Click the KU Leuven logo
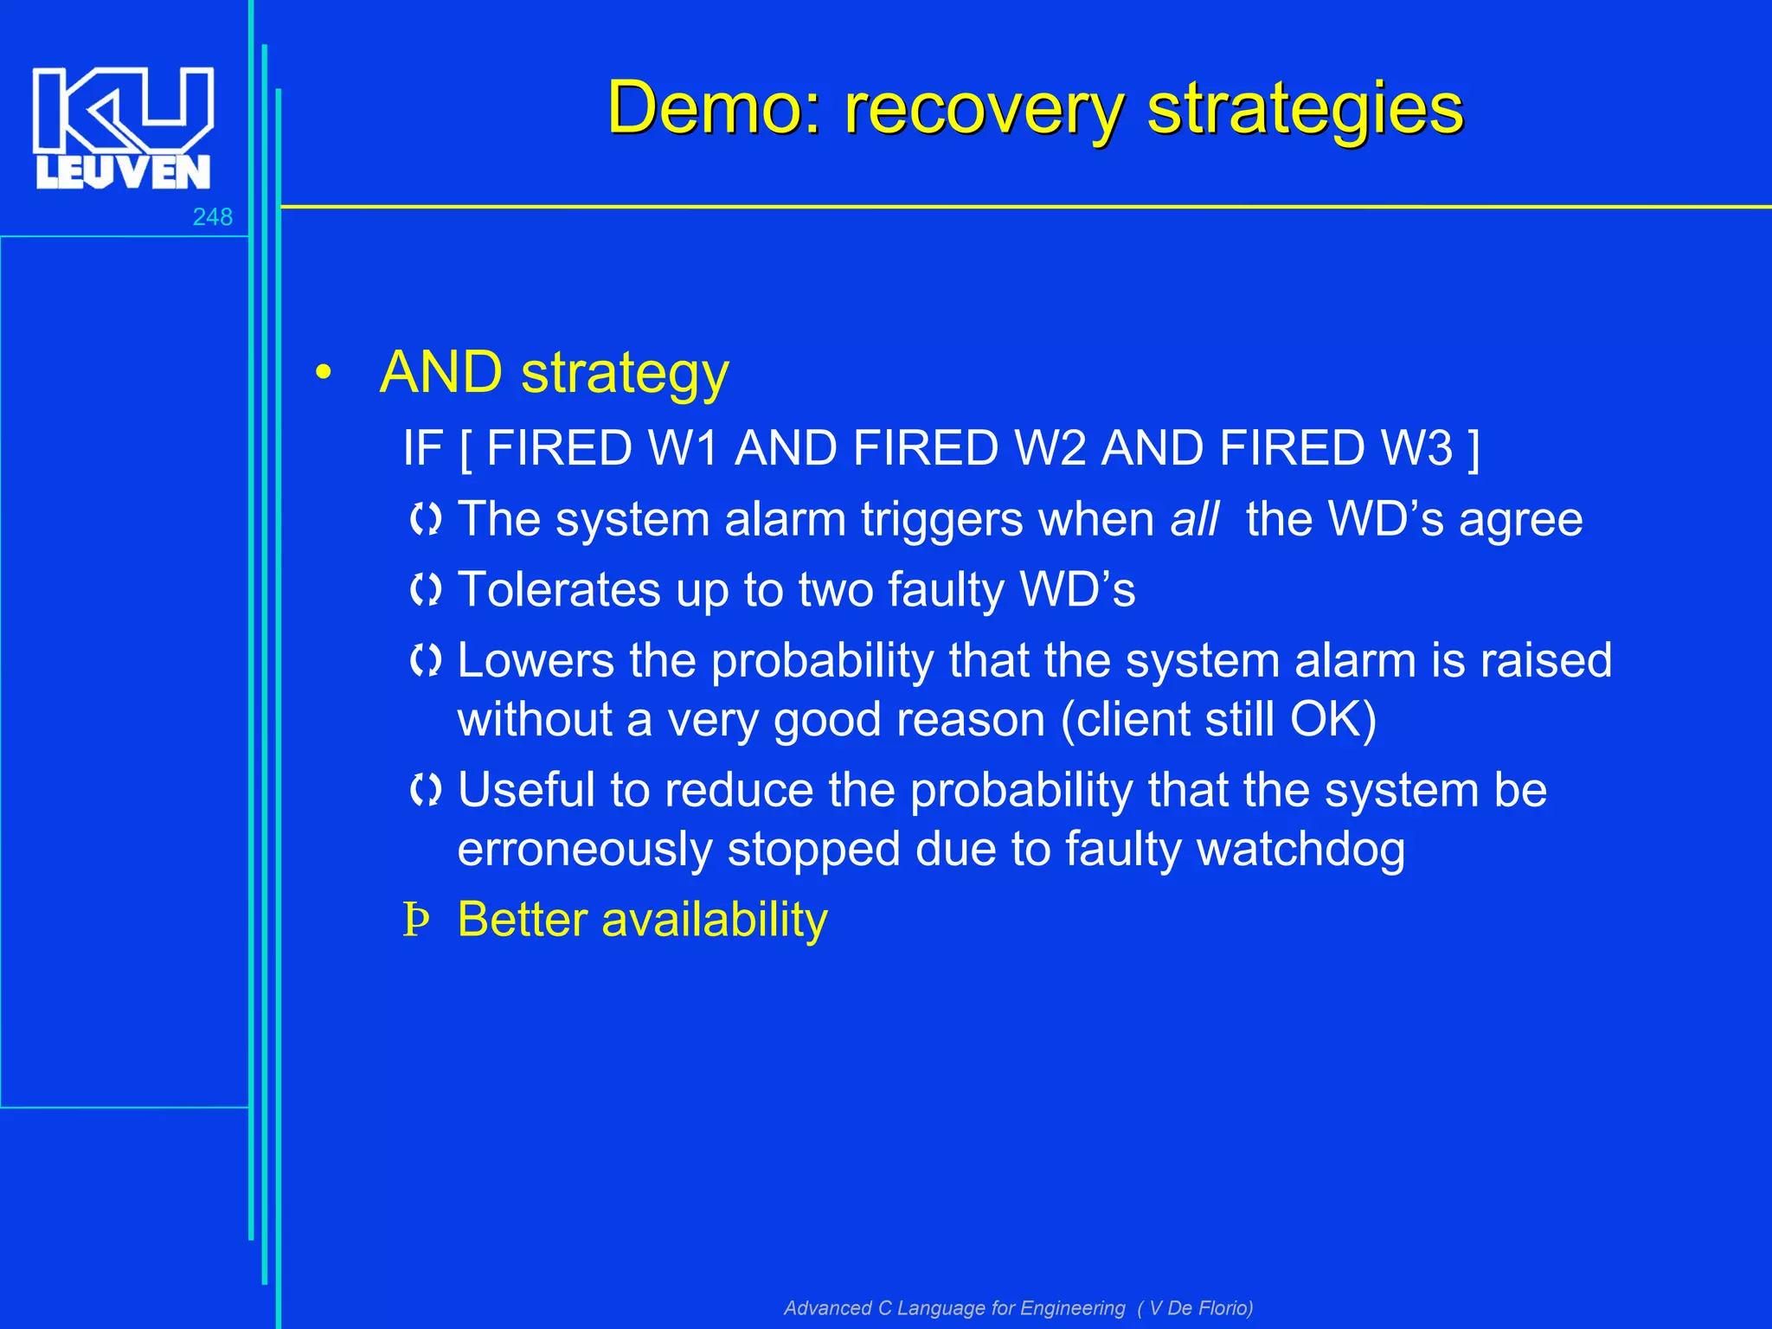[123, 127]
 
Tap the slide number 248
[212, 217]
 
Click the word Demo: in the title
[714, 108]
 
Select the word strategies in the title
[1305, 108]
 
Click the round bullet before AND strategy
[323, 374]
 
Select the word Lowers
[536, 661]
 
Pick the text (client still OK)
[1218, 720]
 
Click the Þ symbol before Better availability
[416, 921]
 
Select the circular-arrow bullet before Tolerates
[426, 590]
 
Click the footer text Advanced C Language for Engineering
[954, 1307]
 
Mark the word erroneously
[585, 850]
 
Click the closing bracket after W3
[1473, 448]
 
